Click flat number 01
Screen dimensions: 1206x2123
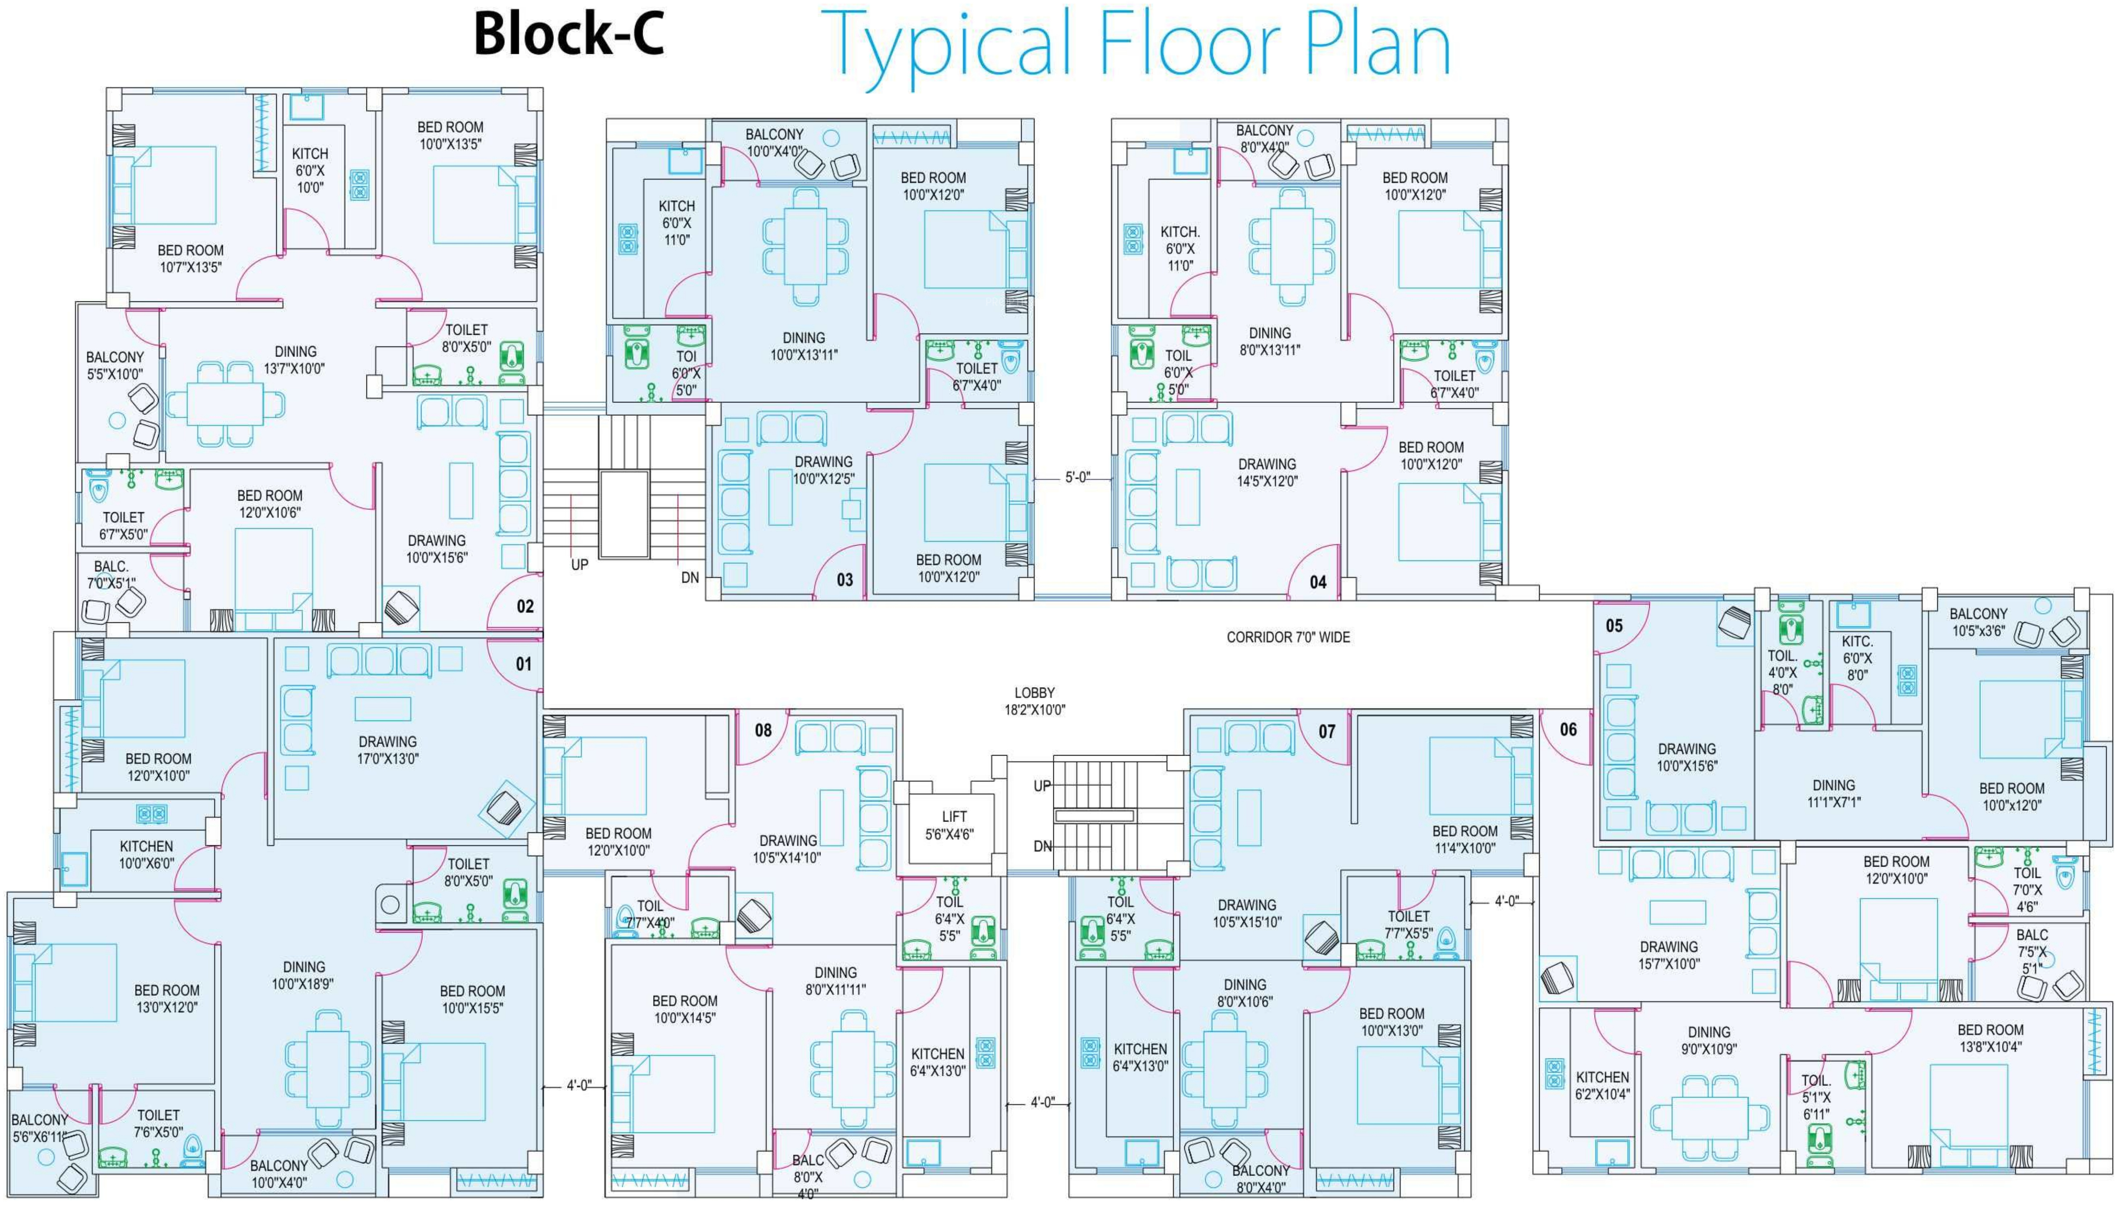pyautogui.click(x=523, y=663)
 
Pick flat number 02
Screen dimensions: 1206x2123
pyautogui.click(x=525, y=606)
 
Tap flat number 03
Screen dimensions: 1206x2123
pyautogui.click(x=845, y=580)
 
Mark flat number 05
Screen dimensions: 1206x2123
pyautogui.click(x=1614, y=625)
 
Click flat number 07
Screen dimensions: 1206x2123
pyautogui.click(x=1326, y=731)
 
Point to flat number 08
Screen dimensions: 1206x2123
pyautogui.click(x=762, y=730)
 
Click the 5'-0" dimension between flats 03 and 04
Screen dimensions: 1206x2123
pyautogui.click(x=1077, y=478)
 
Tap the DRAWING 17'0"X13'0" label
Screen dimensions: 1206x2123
pyautogui.click(x=388, y=750)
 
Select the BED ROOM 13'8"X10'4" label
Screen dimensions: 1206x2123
pyautogui.click(x=1990, y=1038)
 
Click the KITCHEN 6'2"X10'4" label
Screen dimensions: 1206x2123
pyautogui.click(x=1602, y=1085)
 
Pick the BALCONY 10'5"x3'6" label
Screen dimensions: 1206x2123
pyautogui.click(x=1978, y=622)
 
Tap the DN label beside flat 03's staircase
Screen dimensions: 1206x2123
pyautogui.click(x=690, y=577)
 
